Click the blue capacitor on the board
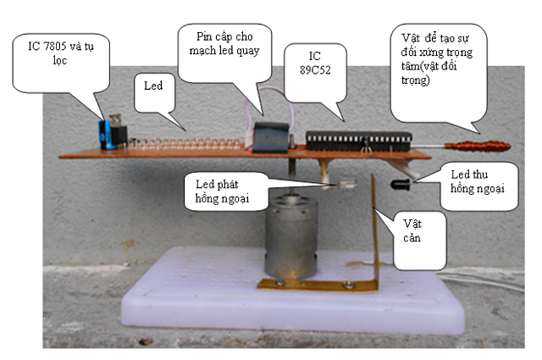(x=104, y=135)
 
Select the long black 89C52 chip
(x=358, y=141)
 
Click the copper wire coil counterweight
(x=478, y=147)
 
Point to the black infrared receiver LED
(x=401, y=185)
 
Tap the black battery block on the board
(x=270, y=137)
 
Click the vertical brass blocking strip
(x=374, y=232)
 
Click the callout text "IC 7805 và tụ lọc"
(x=60, y=53)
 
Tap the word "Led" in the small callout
(x=153, y=86)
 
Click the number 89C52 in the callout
(x=315, y=69)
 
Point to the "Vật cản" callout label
(x=412, y=230)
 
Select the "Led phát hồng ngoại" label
(x=222, y=191)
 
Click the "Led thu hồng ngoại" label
(x=477, y=181)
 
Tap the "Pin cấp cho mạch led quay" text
(x=224, y=43)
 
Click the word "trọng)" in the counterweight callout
(x=416, y=80)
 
